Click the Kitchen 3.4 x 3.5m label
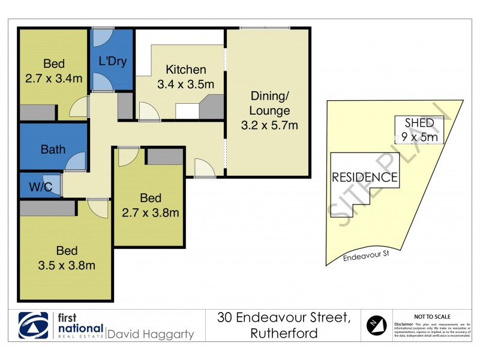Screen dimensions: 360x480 [x=185, y=77]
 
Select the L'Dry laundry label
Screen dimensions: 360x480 [x=113, y=61]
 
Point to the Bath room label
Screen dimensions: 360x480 [x=53, y=149]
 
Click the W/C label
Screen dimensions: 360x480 [x=40, y=187]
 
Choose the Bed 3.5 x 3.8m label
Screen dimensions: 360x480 [x=66, y=257]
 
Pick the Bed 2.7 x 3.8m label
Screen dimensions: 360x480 [x=150, y=205]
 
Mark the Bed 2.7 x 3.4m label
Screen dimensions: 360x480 [x=53, y=71]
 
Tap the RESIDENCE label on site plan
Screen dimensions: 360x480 [x=365, y=177]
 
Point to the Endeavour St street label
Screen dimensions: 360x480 [x=365, y=257]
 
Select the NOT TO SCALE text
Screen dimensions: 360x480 [x=433, y=316]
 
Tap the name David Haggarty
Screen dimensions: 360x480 [x=151, y=334]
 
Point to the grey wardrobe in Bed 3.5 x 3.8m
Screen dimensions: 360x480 [x=47, y=208]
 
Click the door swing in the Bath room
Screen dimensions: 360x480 [x=76, y=162]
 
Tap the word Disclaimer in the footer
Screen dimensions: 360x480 [x=406, y=323]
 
